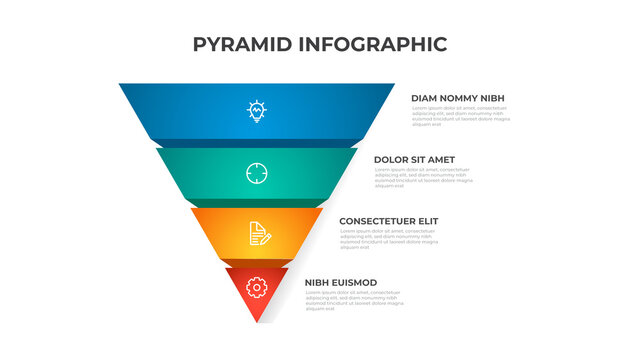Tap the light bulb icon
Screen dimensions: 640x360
tap(257, 111)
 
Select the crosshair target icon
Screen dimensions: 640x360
tap(257, 173)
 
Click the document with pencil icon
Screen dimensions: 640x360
tap(258, 234)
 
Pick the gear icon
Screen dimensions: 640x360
tap(257, 288)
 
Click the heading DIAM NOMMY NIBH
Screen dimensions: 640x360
tap(458, 98)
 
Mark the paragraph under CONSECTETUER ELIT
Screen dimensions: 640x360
tap(389, 238)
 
